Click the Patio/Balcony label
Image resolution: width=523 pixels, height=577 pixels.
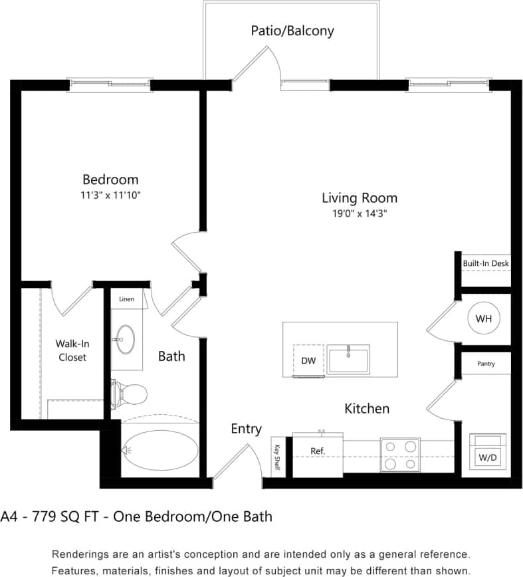coord(292,31)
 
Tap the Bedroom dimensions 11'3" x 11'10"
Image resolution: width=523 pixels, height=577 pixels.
coord(110,195)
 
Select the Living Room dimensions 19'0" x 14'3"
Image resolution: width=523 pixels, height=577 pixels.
coord(359,214)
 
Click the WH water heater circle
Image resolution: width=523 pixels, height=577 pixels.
coord(483,319)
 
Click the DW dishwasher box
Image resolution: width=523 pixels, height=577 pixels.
coord(308,360)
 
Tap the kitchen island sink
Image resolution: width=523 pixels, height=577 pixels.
coord(348,359)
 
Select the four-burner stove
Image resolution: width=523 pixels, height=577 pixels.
coord(400,455)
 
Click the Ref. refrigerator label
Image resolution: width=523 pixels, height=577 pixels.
coord(318,451)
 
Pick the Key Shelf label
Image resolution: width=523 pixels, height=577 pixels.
coord(277,457)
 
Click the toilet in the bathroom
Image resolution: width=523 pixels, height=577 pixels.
coord(130,395)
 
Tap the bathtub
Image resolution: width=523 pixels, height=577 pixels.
coord(160,450)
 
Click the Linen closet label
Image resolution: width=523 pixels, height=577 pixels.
coord(126,299)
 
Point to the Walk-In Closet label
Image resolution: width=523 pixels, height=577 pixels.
coord(71,350)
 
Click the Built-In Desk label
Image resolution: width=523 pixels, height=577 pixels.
coord(486,263)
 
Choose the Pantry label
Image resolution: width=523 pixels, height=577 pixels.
coord(486,364)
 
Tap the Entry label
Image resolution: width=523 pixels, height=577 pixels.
coord(246,429)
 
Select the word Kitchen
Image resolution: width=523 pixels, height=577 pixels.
coord(366,408)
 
